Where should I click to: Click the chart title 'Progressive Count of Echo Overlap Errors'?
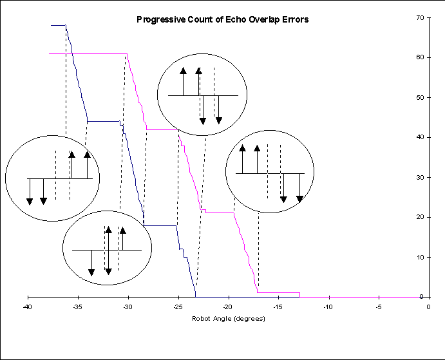click(222, 19)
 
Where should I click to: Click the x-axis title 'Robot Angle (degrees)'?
click(227, 319)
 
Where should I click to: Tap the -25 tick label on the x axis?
click(178, 307)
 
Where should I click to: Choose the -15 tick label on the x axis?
click(278, 307)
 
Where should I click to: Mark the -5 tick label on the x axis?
click(378, 307)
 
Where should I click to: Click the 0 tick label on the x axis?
click(428, 307)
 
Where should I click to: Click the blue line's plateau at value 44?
click(103, 121)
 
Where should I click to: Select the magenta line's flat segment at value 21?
click(220, 213)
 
